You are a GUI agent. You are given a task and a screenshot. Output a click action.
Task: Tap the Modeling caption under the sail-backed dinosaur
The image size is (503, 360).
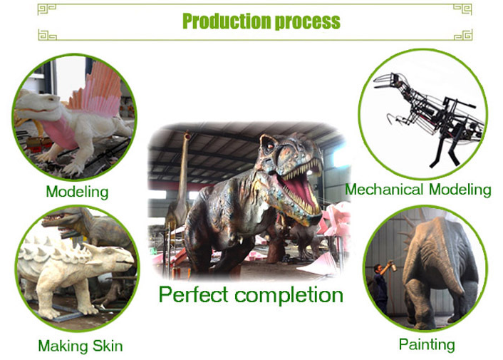77,192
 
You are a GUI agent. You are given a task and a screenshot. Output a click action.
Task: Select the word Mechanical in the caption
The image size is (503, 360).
384,189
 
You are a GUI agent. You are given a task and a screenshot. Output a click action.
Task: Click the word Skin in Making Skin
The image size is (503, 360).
108,346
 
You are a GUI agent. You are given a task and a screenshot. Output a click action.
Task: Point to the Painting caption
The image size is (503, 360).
427,345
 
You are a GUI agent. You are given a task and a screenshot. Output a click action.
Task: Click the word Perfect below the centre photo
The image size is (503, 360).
194,294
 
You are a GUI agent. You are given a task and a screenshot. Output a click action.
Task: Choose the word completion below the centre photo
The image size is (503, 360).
289,295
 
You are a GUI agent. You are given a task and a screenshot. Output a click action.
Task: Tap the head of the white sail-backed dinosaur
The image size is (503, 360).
38,104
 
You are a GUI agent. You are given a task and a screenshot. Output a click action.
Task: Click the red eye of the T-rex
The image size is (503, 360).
271,146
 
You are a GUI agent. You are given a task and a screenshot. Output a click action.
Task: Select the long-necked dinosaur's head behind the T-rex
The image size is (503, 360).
187,135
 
